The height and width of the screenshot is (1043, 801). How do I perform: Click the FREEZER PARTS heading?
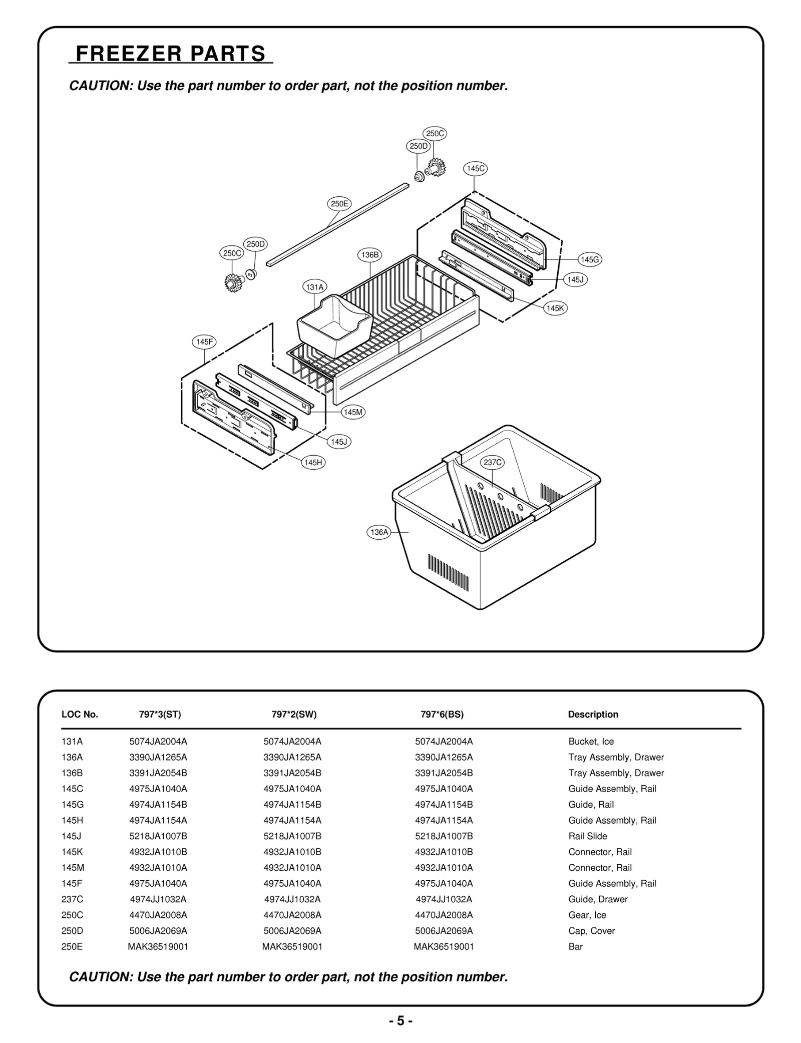click(170, 54)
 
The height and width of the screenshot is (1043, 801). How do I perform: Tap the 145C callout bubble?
click(475, 169)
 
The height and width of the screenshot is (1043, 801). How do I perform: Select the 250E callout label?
click(339, 204)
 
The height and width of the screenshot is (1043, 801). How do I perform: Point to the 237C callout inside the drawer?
click(492, 462)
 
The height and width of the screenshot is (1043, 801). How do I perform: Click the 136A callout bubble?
click(378, 532)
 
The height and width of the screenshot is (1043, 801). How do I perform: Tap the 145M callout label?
click(353, 412)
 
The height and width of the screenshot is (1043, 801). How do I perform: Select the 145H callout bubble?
click(313, 462)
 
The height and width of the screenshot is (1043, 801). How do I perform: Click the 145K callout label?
click(555, 308)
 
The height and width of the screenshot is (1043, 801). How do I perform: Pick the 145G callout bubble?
click(589, 259)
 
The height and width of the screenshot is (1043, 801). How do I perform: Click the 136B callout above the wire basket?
click(370, 255)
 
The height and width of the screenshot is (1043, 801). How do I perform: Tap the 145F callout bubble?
click(204, 342)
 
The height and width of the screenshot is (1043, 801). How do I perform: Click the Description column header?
click(593, 715)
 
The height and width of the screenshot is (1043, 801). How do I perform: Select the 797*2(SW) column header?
click(294, 715)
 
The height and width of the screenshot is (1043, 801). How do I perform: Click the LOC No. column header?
click(80, 715)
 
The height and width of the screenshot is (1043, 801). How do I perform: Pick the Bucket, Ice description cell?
click(591, 742)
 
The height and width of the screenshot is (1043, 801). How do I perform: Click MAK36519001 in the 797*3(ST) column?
click(158, 947)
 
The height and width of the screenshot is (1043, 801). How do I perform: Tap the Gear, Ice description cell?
click(587, 915)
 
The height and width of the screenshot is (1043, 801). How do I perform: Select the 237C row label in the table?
click(72, 899)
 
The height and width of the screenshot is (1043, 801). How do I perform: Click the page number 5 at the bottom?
click(400, 1021)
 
